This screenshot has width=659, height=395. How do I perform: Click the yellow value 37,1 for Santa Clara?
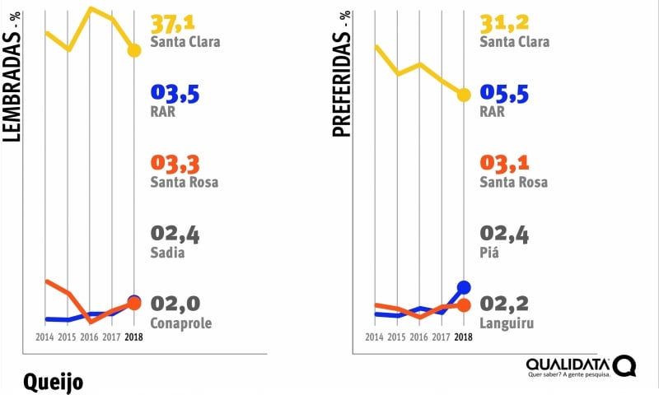pos(175,24)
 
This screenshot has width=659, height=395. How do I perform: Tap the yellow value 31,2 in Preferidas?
pos(504,24)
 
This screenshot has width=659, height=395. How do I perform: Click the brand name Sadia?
pos(167,253)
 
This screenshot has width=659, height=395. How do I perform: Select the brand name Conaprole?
pos(181,323)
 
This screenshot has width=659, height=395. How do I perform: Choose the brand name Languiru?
pos(507,323)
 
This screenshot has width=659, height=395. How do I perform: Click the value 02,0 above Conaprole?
pos(175,304)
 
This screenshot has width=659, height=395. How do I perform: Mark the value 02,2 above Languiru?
pos(504,304)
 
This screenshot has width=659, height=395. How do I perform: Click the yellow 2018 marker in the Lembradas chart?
pos(134,51)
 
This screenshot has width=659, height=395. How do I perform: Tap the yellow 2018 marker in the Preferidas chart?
pos(464,95)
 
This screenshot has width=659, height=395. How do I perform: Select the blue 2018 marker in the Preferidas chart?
pos(464,287)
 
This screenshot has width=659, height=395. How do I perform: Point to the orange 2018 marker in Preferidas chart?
pos(464,305)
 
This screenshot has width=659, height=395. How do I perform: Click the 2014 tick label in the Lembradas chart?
pos(44,337)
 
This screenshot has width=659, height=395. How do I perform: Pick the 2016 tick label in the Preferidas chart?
pos(418,337)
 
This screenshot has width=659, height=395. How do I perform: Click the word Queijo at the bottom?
pos(54,382)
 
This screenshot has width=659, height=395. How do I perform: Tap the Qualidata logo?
pos(581,366)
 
